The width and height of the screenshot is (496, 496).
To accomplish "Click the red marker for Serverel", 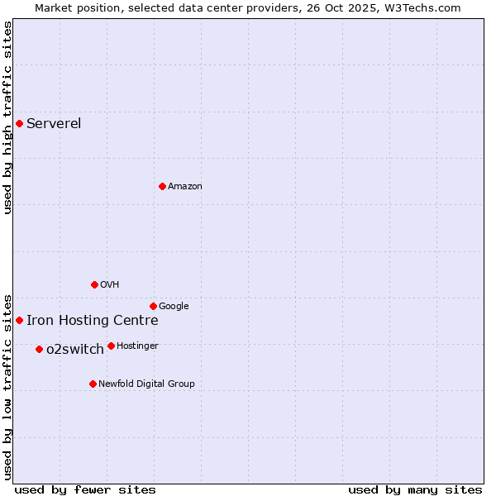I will coord(19,124).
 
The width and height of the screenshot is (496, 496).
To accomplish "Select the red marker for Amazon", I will coord(162,186).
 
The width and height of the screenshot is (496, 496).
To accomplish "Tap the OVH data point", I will coord(94,284).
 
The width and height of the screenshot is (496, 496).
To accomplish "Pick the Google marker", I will coord(153,306).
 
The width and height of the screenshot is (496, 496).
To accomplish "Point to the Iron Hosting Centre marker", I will coord(19,320).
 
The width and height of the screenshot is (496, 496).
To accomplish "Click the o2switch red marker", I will coord(39,349).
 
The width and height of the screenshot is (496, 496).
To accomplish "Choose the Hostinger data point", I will coord(111,346).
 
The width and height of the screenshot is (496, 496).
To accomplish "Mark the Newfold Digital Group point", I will coord(93,384).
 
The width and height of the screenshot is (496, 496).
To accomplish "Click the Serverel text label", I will coord(54,124).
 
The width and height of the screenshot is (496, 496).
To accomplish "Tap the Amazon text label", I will coord(185,187).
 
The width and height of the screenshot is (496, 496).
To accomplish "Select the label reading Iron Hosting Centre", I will coord(92,321).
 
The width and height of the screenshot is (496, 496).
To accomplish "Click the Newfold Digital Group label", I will coord(146,384).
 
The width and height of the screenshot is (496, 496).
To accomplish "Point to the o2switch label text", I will coord(75,350).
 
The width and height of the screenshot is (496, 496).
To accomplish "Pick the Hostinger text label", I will coord(137,346).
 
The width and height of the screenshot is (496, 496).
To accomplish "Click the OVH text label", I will coord(110,285).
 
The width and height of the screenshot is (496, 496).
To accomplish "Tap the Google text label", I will coord(174,307).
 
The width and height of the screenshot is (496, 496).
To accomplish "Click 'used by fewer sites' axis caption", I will coord(85,489).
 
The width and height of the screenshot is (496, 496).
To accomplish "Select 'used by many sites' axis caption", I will coord(415,489).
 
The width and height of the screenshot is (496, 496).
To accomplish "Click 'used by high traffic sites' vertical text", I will coord(8,117).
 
